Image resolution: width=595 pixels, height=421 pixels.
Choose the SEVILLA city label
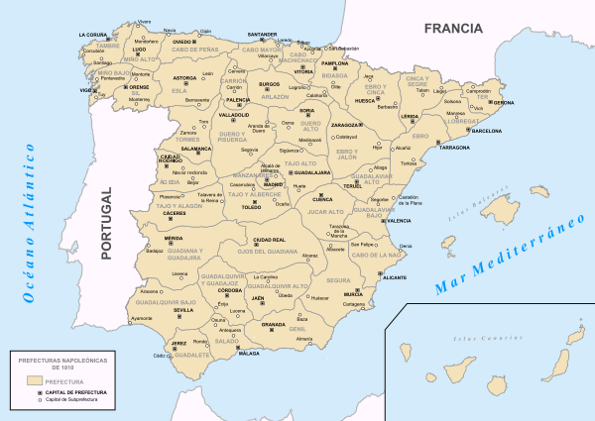coord(183,310)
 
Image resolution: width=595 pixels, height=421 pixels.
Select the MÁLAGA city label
coord(249,353)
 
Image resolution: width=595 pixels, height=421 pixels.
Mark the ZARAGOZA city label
coord(347,126)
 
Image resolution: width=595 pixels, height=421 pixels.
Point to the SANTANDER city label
coord(263,35)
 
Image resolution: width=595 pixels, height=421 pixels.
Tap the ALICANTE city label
coord(395,279)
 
